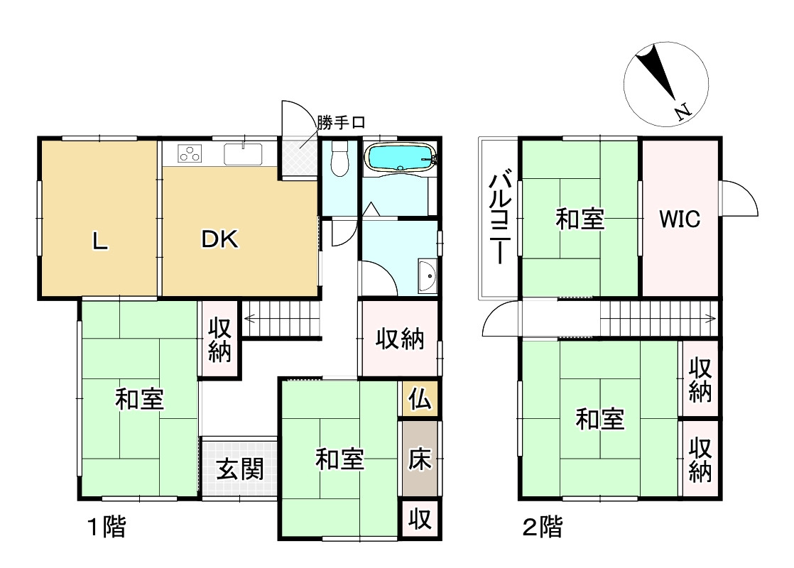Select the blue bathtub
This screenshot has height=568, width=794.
399,158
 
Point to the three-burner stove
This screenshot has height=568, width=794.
191,153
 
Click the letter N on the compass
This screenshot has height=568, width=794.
682,112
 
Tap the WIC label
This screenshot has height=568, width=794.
680,219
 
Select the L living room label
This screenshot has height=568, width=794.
100,242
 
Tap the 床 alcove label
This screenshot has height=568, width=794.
419,460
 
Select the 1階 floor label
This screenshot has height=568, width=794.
107,528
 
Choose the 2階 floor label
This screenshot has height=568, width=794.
542,528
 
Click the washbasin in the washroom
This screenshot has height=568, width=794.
427,275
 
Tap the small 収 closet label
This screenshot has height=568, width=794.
419,520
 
